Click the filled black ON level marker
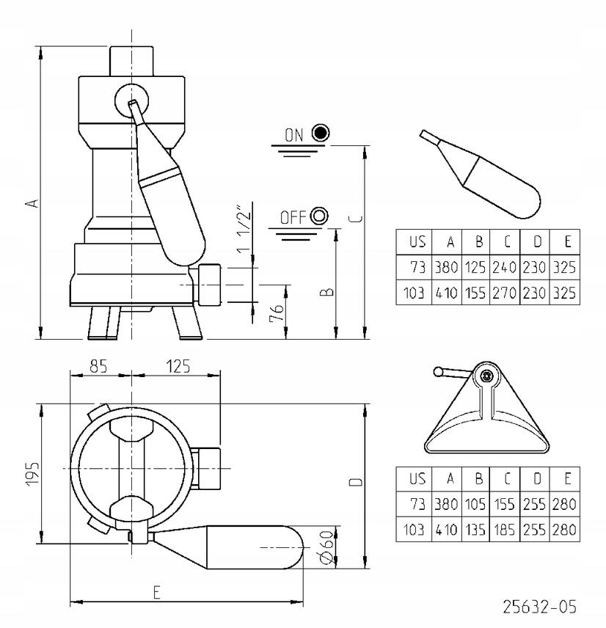pos(320,133)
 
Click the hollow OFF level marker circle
pos(319,216)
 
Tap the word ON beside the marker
pos(293,134)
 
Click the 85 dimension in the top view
pos(97,365)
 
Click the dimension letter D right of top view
pos(356,483)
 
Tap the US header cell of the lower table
pos(417,478)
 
